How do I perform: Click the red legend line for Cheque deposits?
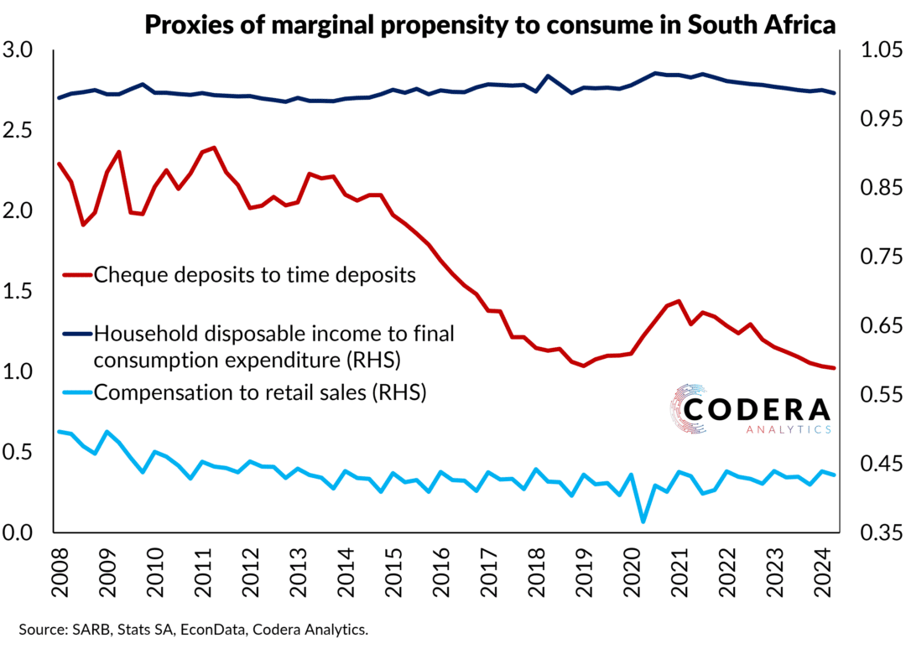76,274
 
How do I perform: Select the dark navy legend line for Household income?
76,334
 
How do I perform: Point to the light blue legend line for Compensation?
76,392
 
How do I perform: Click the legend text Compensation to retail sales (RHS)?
260,392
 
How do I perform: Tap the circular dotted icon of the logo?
685,411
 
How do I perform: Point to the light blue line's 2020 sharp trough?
643,521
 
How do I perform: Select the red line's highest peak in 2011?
215,148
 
